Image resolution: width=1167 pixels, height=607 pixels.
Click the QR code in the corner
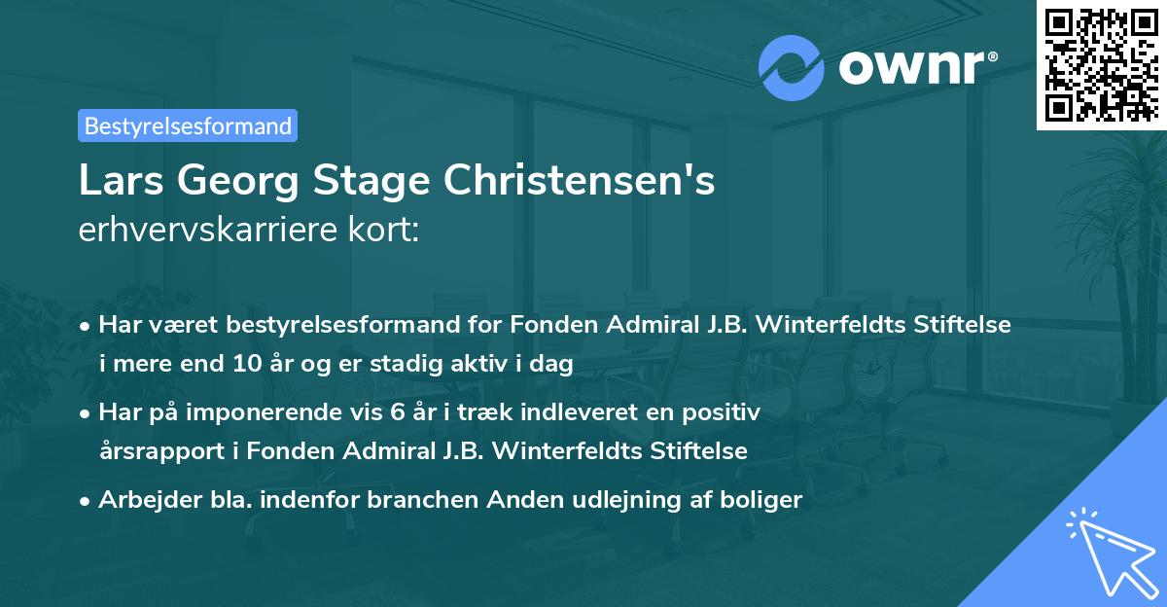pyautogui.click(x=1100, y=64)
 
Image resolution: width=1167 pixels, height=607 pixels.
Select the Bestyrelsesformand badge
pyautogui.click(x=188, y=125)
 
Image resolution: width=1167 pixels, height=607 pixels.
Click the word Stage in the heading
pyautogui.click(x=365, y=181)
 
